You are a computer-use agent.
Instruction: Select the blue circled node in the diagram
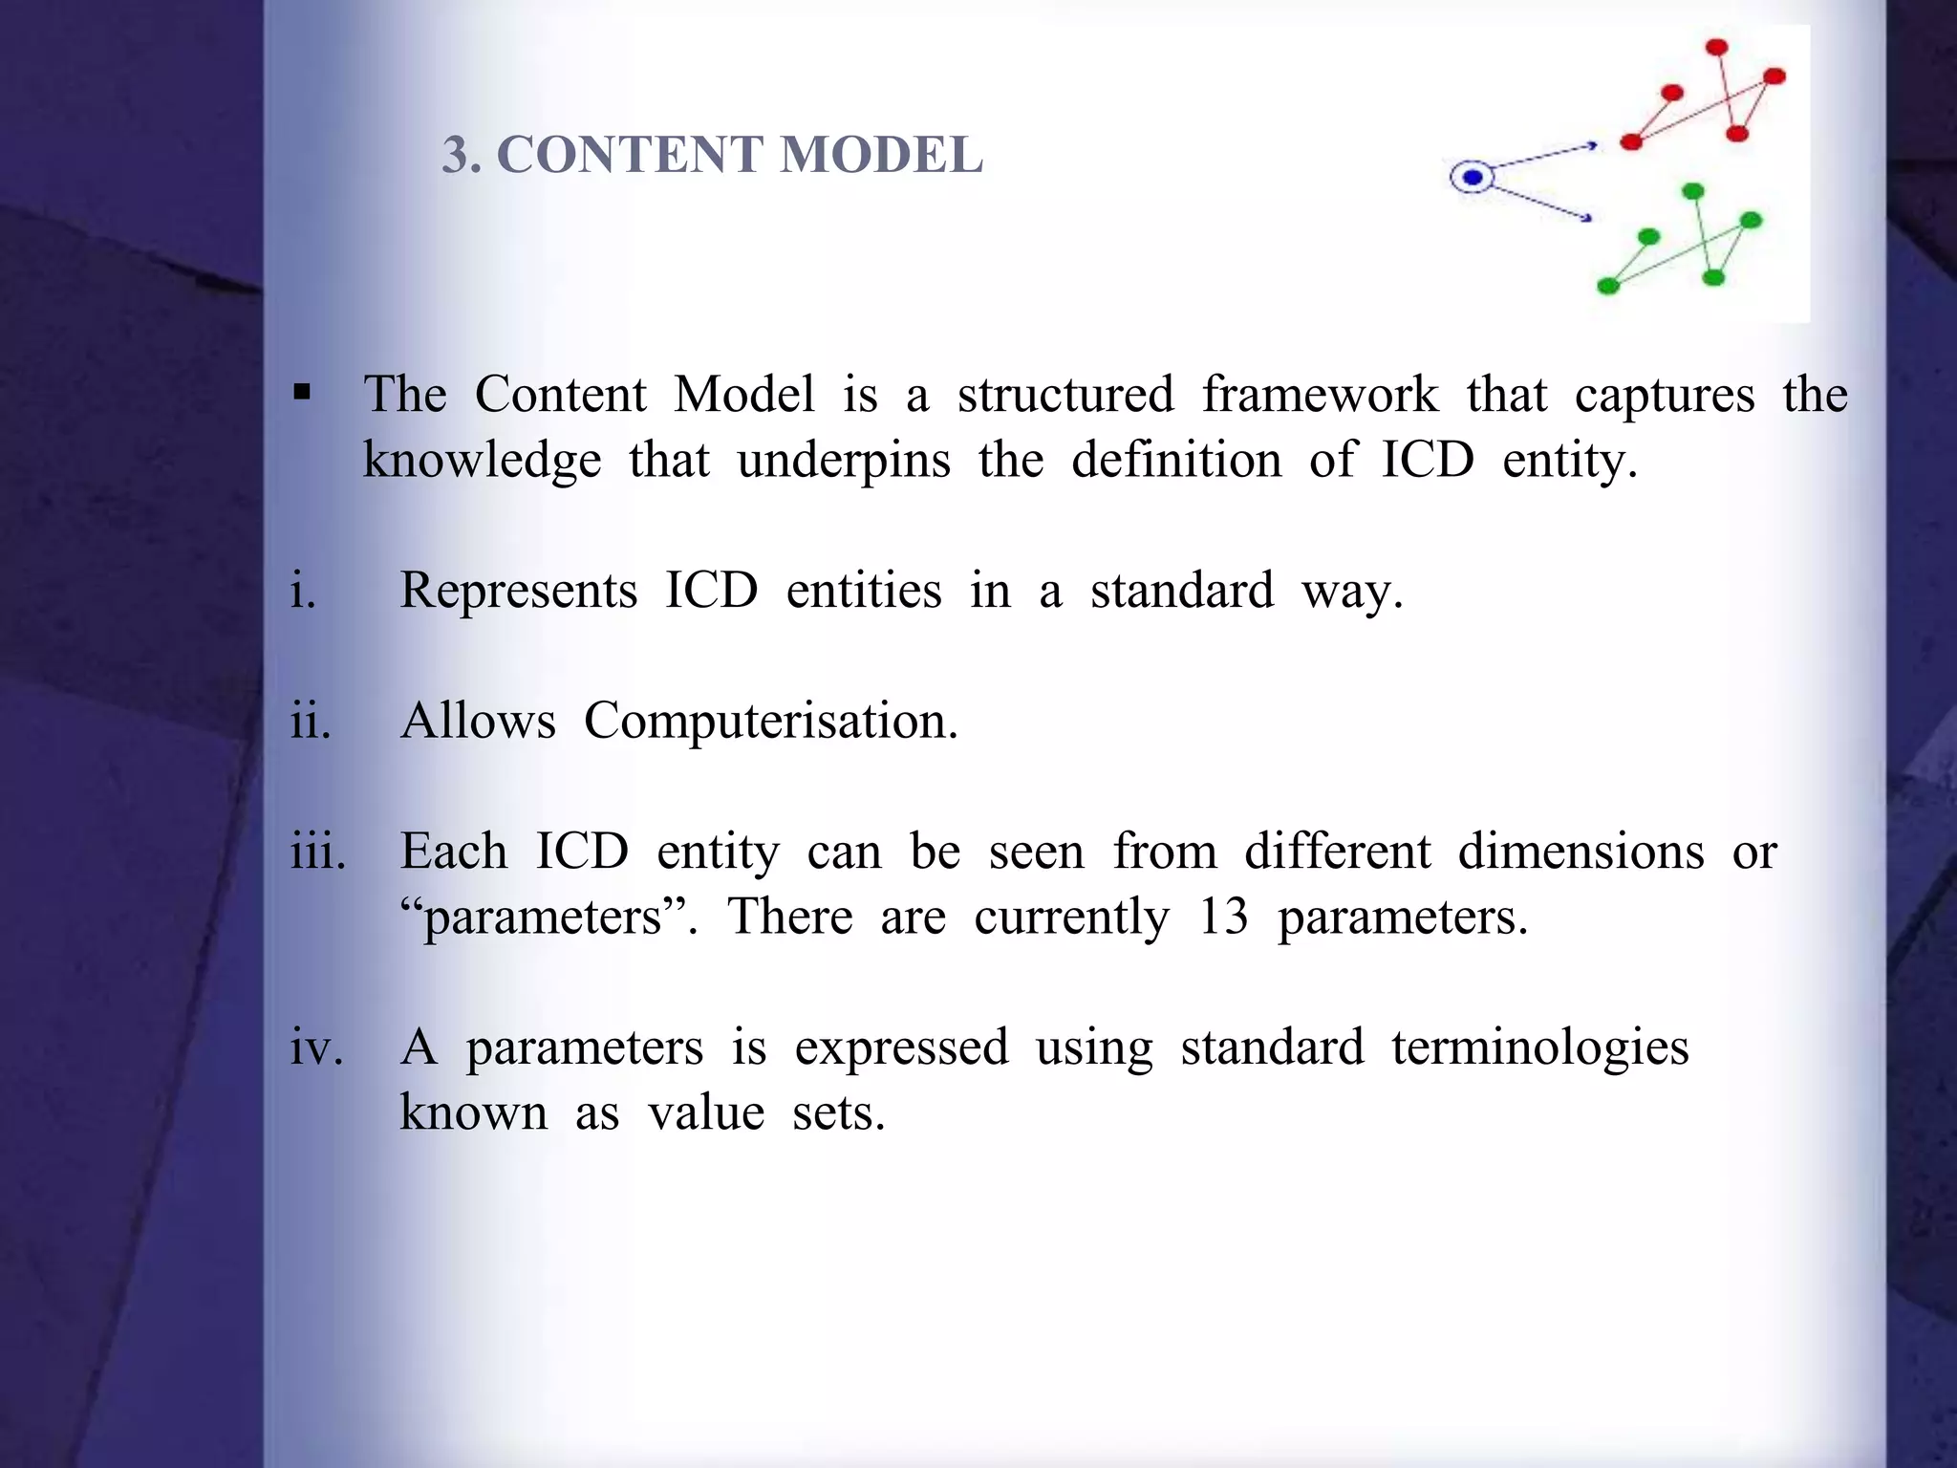[1473, 178]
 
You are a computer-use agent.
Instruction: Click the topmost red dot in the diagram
[1716, 47]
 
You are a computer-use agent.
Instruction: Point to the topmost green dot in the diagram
[1692, 192]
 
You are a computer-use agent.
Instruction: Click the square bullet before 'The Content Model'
[303, 393]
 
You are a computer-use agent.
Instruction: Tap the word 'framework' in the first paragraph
[1319, 394]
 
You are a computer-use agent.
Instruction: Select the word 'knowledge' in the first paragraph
[482, 461]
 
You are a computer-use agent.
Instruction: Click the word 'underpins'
[844, 461]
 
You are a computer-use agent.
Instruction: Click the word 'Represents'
[518, 590]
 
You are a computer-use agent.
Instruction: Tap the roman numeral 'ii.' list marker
[311, 721]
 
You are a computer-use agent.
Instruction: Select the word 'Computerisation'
[769, 721]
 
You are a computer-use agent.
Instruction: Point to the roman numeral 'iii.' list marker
[318, 851]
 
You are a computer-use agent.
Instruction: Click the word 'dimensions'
[1581, 851]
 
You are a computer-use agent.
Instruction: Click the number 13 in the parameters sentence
[1223, 917]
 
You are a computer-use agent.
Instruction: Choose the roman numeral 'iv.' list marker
[316, 1047]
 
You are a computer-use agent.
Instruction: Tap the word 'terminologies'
[1539, 1047]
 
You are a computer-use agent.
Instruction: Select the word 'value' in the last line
[705, 1112]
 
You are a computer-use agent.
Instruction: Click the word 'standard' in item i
[1181, 590]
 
